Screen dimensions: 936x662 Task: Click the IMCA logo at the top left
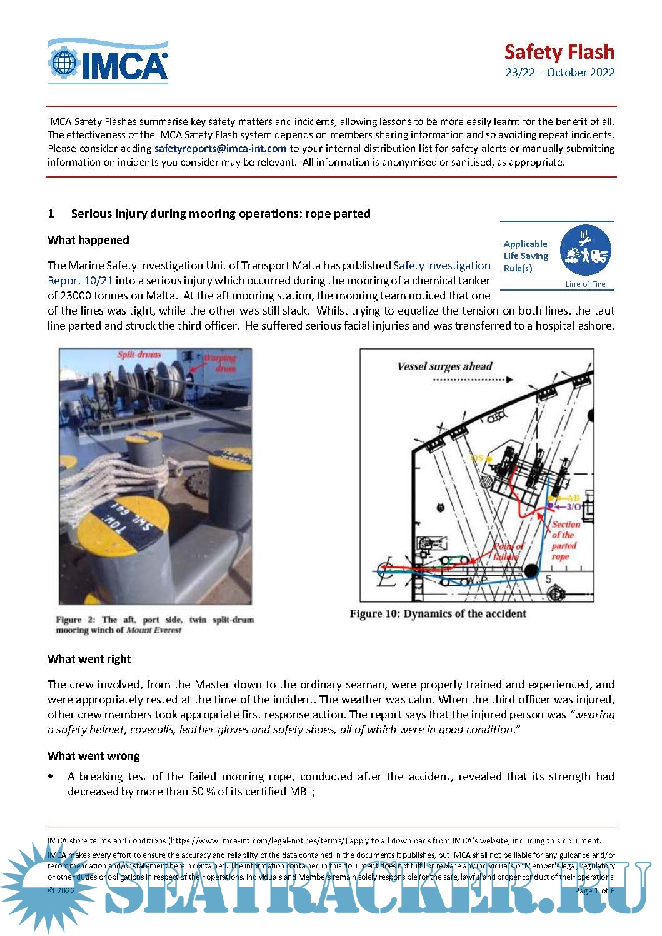(x=108, y=61)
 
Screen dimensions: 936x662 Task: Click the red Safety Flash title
(x=559, y=51)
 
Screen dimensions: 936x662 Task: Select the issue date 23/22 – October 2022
(x=559, y=73)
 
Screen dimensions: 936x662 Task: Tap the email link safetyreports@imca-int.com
(x=220, y=148)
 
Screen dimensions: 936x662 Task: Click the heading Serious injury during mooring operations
(x=220, y=213)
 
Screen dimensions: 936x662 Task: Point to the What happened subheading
(x=88, y=240)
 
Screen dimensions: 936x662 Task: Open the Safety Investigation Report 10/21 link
(x=441, y=266)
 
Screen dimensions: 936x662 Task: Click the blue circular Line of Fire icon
(x=585, y=251)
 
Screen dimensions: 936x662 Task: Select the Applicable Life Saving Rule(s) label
(x=526, y=256)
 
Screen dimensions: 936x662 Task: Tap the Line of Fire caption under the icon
(x=585, y=284)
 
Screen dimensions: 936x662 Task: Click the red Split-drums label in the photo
(x=139, y=355)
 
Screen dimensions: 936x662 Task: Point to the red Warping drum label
(x=220, y=363)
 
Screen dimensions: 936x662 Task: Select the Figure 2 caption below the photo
(x=154, y=625)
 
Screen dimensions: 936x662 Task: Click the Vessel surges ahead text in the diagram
(x=444, y=366)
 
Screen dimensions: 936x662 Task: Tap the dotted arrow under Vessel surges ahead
(x=473, y=380)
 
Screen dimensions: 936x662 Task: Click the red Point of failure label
(x=508, y=551)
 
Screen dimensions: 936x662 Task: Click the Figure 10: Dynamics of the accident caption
(x=438, y=613)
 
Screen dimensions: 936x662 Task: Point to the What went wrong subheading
(x=93, y=756)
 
